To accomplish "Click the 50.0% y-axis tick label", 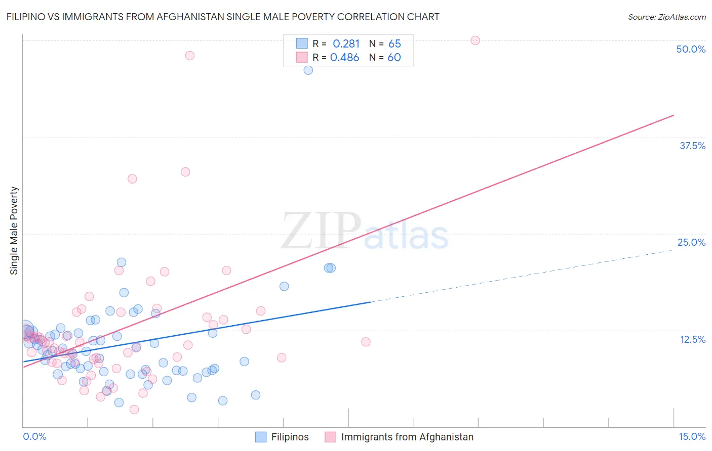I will click(x=691, y=49).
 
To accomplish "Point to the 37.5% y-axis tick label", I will click(x=692, y=146).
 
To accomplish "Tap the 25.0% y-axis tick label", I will click(x=691, y=242).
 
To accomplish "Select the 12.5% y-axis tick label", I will click(x=692, y=339).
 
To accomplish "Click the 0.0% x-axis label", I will click(x=34, y=436).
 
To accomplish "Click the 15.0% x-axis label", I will click(x=692, y=436).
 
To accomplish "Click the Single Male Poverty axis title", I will click(x=14, y=231).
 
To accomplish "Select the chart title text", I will click(x=223, y=17).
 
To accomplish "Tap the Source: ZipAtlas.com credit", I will click(x=666, y=17).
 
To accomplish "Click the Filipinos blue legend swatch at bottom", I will click(x=261, y=437).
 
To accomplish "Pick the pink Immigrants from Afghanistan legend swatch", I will click(x=331, y=437).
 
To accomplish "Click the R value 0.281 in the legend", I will click(x=346, y=44).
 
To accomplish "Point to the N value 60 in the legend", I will click(x=394, y=58).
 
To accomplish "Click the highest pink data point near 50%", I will click(x=475, y=40).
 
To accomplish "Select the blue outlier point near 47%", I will click(x=308, y=70).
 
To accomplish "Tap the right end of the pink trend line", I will click(x=673, y=115).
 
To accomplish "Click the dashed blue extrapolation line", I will click(x=522, y=276).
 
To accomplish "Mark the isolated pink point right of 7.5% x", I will click(x=366, y=342).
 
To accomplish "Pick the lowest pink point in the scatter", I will click(x=134, y=410).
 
